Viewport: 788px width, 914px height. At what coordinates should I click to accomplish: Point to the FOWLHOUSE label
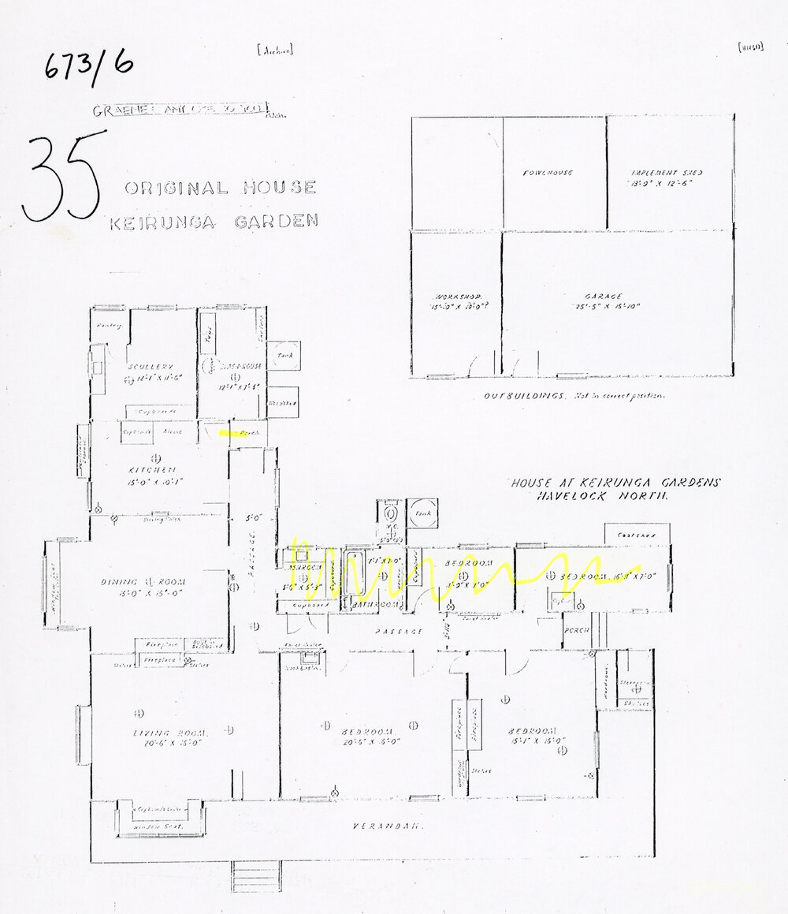[x=549, y=173]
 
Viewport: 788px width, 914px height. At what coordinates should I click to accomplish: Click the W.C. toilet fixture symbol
[x=390, y=513]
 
